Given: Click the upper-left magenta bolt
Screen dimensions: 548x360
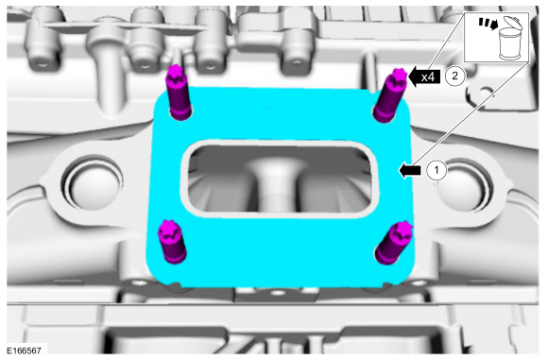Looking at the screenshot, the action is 180,94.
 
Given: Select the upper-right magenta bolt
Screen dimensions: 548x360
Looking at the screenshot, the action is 389,96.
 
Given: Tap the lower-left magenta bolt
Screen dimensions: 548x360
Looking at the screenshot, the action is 171,242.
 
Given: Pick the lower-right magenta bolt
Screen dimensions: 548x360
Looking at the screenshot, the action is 394,243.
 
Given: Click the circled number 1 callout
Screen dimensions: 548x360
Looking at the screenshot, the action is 437,171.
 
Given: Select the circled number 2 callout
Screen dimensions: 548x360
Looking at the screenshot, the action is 454,76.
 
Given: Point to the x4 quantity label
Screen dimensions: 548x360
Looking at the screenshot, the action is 428,77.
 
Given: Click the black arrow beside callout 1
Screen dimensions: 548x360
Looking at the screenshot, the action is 410,171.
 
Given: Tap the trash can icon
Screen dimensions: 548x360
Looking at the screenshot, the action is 509,38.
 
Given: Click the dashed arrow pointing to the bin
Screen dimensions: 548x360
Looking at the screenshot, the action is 488,24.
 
